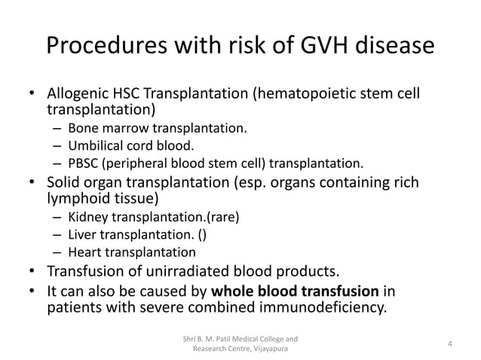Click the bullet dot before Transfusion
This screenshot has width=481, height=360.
point(32,271)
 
